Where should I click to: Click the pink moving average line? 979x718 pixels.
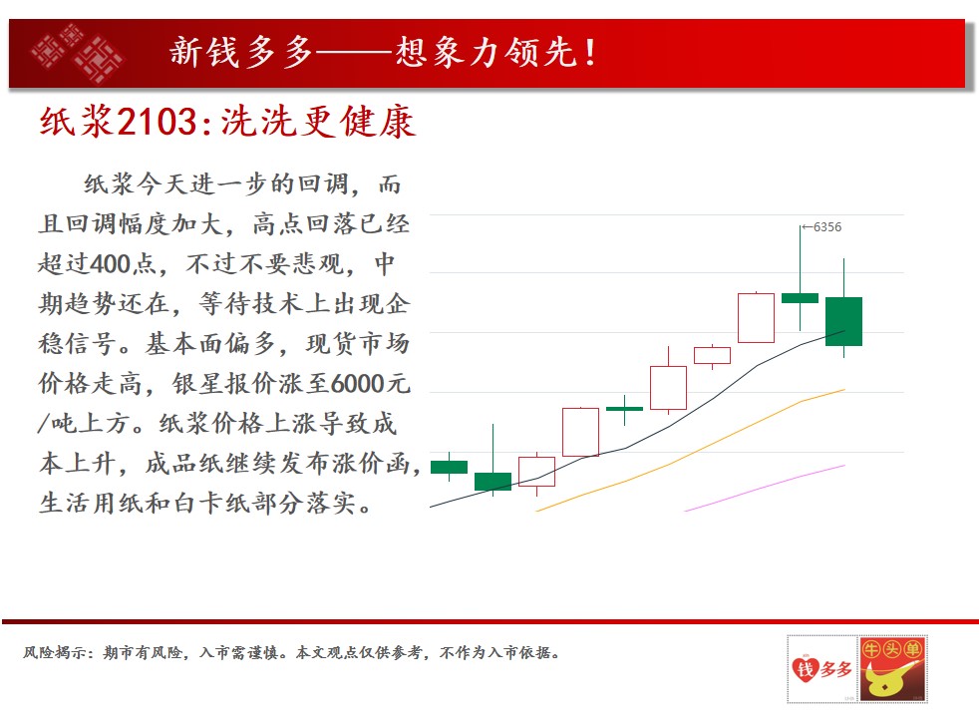[765, 489]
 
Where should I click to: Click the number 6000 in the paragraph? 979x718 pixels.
[357, 383]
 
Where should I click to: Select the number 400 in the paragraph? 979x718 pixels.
[111, 264]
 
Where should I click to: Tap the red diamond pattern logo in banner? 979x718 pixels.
[78, 53]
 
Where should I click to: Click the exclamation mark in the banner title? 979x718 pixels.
[589, 53]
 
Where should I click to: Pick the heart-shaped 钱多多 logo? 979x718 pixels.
[821, 669]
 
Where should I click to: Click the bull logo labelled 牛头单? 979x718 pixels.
[892, 669]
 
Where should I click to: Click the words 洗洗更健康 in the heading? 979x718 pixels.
[318, 121]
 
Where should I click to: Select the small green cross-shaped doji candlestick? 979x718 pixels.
[624, 409]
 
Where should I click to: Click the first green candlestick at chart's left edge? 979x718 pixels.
[449, 467]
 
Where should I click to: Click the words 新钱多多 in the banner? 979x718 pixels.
[241, 53]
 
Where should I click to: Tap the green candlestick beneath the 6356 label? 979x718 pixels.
[800, 298]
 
